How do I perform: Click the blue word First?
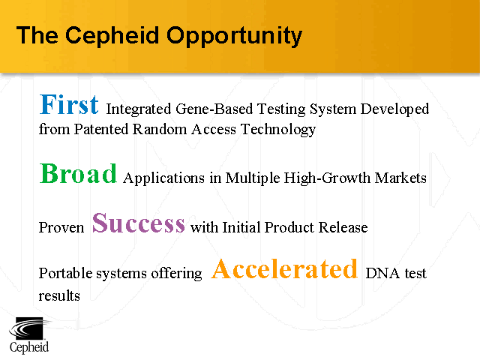coord(69,104)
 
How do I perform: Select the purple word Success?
coord(139,223)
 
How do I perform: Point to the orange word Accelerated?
coord(284,268)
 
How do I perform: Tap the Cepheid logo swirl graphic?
coord(28,328)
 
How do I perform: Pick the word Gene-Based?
coord(211,109)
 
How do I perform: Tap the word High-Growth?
coord(334,178)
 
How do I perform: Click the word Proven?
coord(61,227)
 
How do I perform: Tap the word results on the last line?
coord(58,295)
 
